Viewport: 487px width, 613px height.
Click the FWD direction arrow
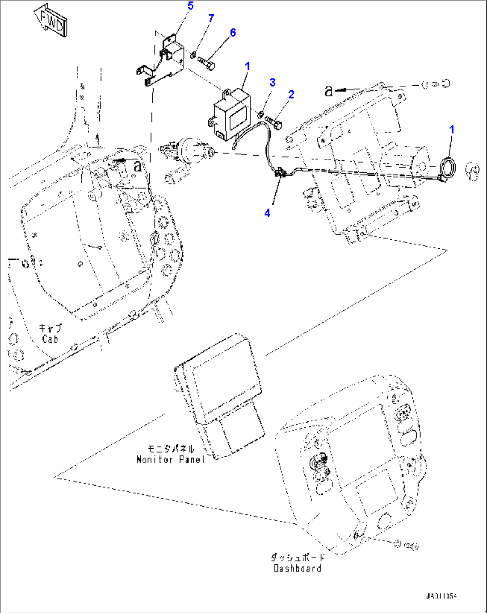(x=50, y=21)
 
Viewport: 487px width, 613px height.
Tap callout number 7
(x=211, y=18)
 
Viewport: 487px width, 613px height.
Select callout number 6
(x=233, y=33)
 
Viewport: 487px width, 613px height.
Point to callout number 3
(x=272, y=82)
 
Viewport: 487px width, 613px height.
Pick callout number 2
(x=291, y=94)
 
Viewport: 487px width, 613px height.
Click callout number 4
(x=267, y=213)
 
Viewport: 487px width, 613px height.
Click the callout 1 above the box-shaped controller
(x=248, y=67)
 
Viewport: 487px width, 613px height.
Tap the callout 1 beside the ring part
(x=452, y=129)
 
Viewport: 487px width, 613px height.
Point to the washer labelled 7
(x=193, y=55)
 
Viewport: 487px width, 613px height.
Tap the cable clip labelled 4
(x=281, y=173)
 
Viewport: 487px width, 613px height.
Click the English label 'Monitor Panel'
(x=170, y=459)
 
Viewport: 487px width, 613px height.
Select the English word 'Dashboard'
(x=297, y=568)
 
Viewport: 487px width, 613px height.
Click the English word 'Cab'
(x=50, y=339)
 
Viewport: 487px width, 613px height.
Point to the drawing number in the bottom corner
(x=441, y=596)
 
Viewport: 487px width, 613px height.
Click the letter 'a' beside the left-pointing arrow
(x=329, y=92)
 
